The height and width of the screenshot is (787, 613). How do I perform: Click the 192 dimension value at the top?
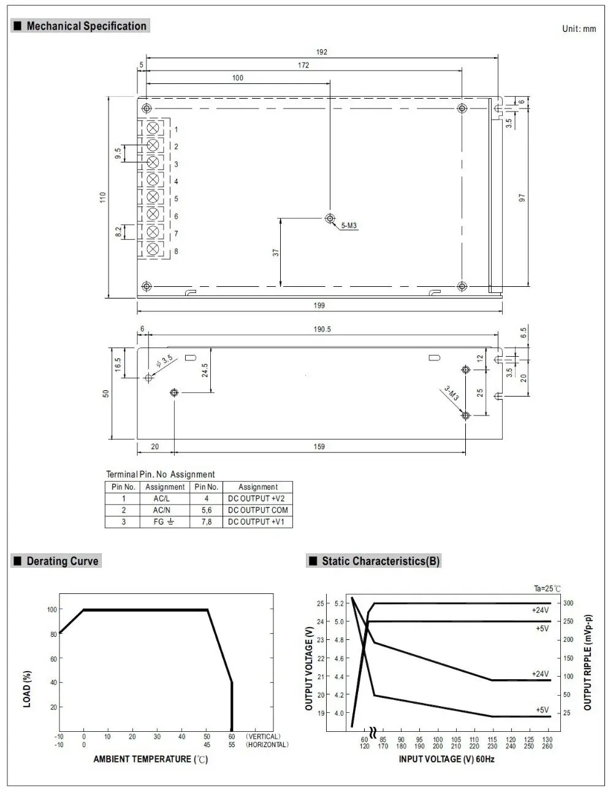coord(322,52)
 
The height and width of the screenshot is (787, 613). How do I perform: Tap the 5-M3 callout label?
coord(349,226)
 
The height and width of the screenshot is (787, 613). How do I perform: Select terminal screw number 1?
coord(153,128)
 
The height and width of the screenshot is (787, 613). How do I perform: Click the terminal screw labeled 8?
coord(153,249)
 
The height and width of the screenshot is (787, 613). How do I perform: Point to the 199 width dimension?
coord(319,305)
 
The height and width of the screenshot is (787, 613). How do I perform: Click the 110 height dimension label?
coord(103,197)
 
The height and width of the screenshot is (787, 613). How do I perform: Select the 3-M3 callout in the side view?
coord(452,393)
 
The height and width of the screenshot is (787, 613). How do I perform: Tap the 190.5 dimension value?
coord(322,329)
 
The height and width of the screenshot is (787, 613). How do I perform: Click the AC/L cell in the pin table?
coord(161,498)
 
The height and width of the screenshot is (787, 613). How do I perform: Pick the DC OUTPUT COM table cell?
coord(258,510)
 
